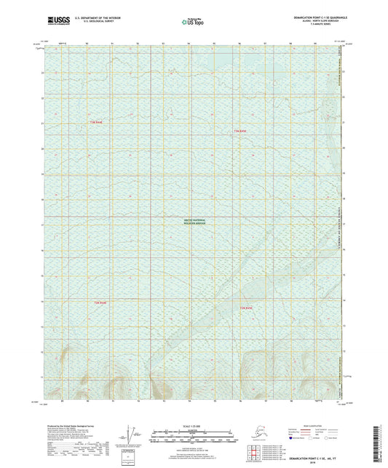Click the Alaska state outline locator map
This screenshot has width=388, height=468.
point(257,437)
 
